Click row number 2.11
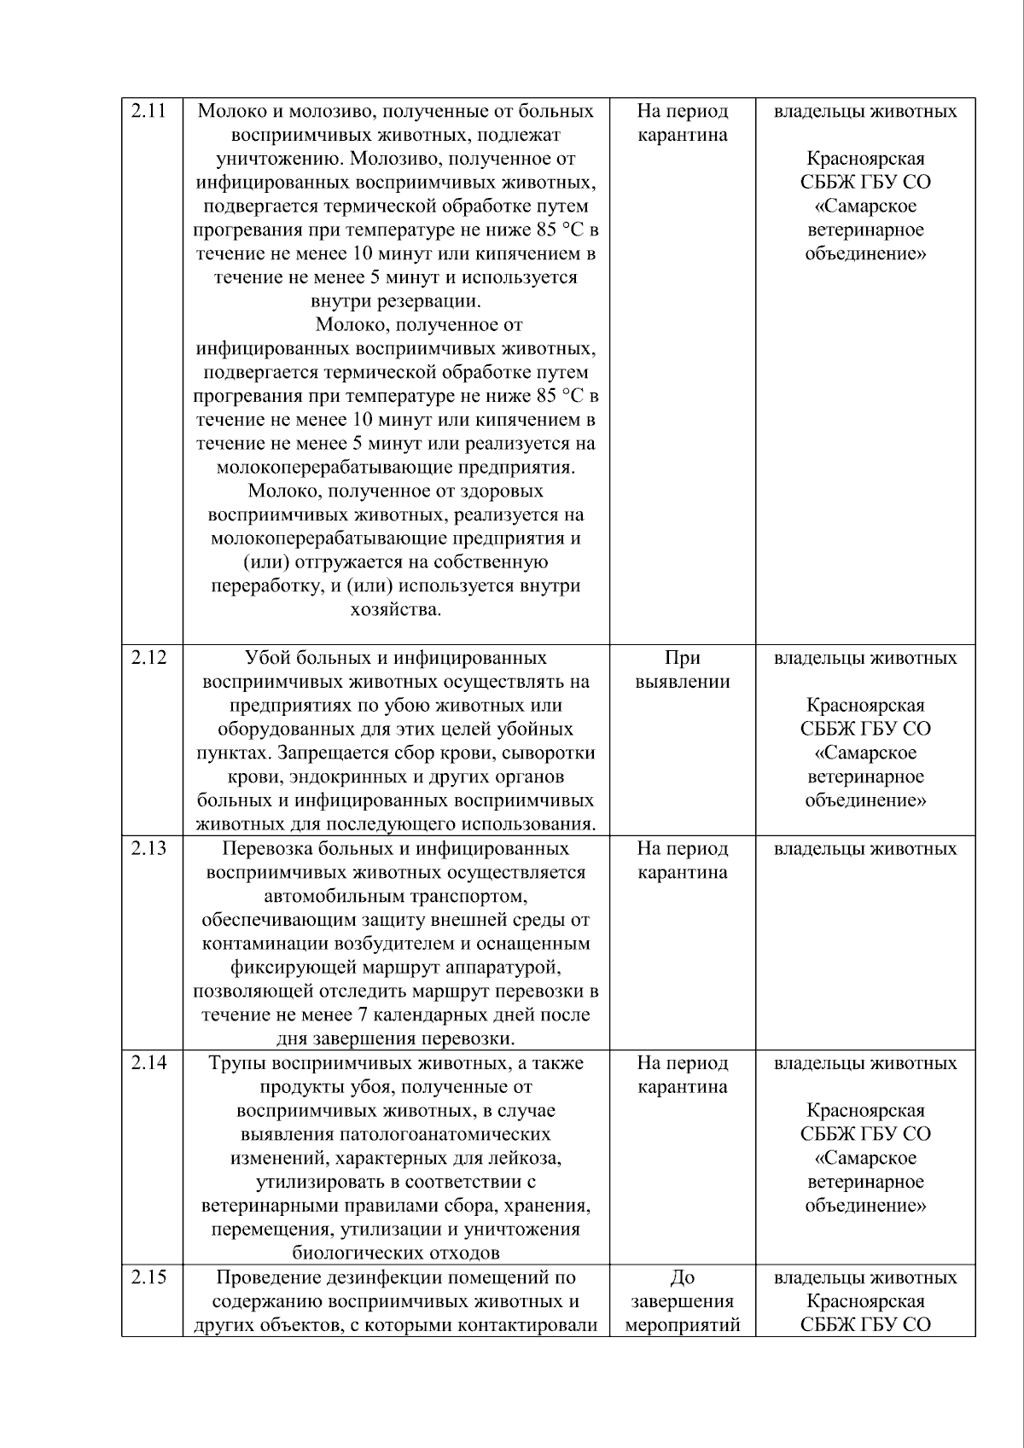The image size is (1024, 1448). pyautogui.click(x=147, y=111)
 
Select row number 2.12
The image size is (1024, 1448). pyautogui.click(x=147, y=658)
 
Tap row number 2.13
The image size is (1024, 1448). pyautogui.click(x=147, y=848)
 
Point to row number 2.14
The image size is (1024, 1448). pyautogui.click(x=147, y=1062)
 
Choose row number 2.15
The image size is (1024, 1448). pyautogui.click(x=147, y=1276)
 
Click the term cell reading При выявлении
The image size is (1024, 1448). pyautogui.click(x=682, y=670)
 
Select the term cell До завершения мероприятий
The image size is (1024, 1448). pyautogui.click(x=682, y=1300)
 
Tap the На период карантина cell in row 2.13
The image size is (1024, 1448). pyautogui.click(x=682, y=860)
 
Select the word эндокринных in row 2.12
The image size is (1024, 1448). pyautogui.click(x=342, y=776)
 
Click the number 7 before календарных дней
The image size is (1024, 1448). pyautogui.click(x=362, y=1015)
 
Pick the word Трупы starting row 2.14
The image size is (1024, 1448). pyautogui.click(x=233, y=1063)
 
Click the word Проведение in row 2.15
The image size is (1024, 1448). pyautogui.click(x=268, y=1277)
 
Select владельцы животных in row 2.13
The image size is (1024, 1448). pyautogui.click(x=865, y=848)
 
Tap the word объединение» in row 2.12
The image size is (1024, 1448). pyautogui.click(x=865, y=800)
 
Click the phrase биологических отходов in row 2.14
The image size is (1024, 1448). pyautogui.click(x=396, y=1253)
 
